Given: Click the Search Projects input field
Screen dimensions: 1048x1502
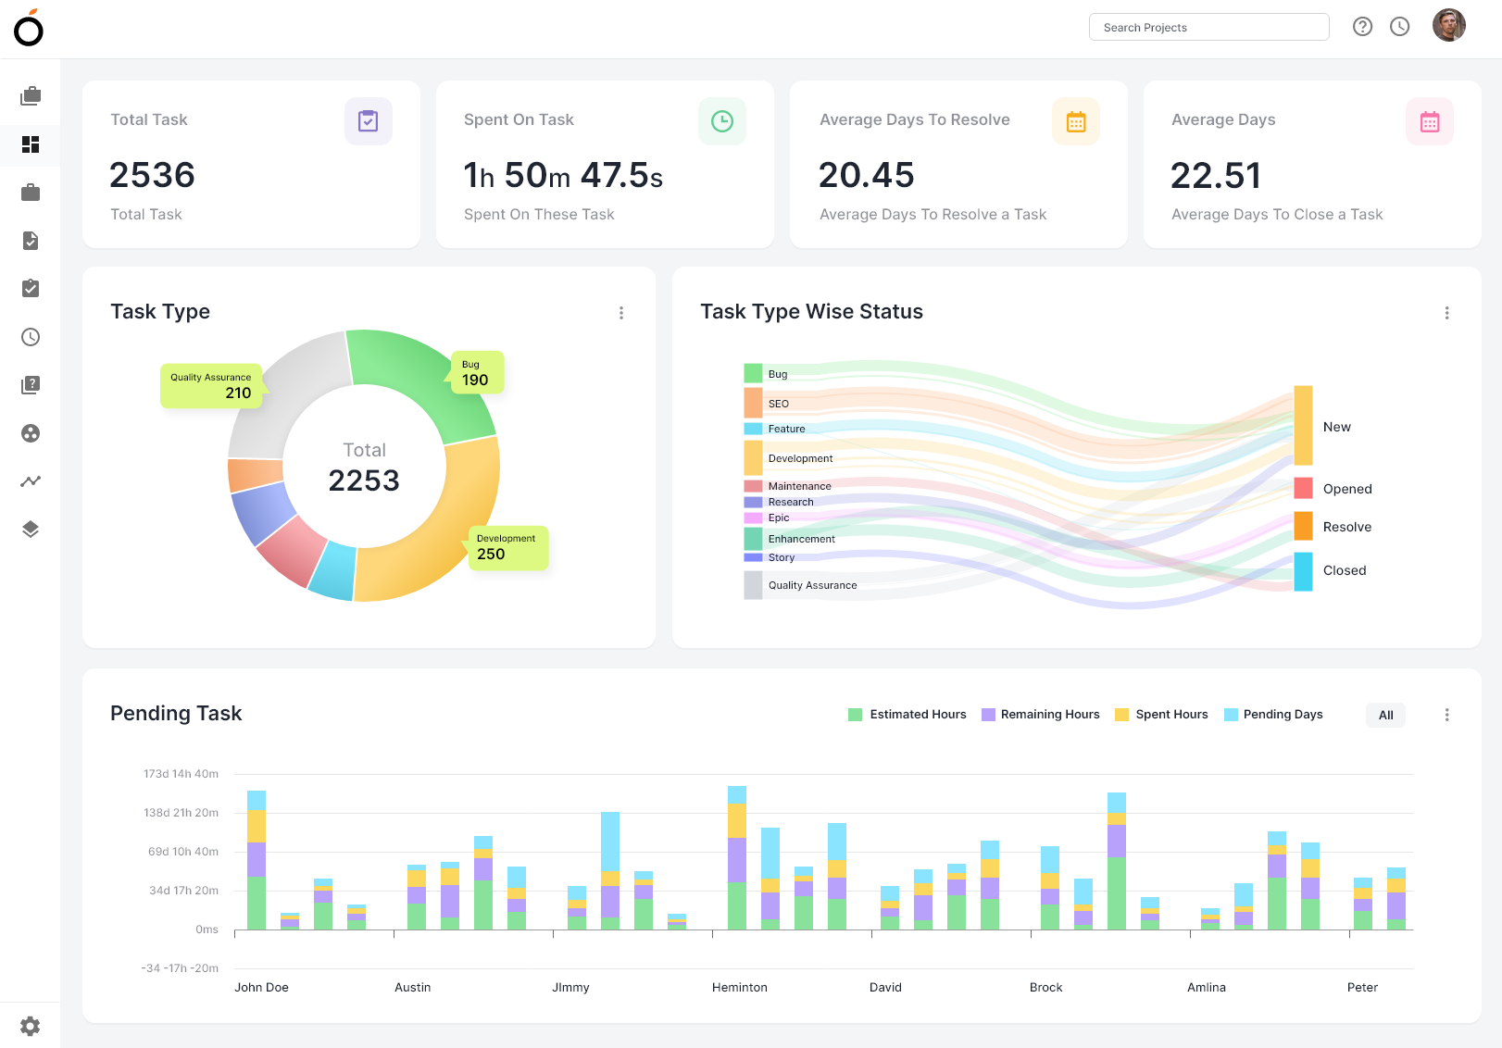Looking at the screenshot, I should (x=1208, y=27).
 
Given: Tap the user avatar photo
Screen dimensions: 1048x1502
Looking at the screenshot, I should (x=1448, y=26).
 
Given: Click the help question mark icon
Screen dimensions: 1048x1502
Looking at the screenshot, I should (x=1362, y=27).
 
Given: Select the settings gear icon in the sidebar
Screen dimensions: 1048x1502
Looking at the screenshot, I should (x=30, y=1026).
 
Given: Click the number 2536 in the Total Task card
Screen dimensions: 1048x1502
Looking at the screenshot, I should (x=153, y=175).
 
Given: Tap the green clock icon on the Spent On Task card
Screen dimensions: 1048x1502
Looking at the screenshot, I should (x=721, y=121).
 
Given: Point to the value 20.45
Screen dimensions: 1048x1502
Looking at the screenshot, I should (x=867, y=175).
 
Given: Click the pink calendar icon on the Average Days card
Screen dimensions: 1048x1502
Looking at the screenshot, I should (x=1429, y=121).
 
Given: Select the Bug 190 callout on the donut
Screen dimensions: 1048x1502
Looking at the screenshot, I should (x=477, y=373).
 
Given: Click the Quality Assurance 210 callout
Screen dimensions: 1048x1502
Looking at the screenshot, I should (x=212, y=385).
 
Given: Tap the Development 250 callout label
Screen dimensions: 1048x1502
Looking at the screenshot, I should (x=507, y=547).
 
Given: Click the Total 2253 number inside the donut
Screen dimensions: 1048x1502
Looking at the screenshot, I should (x=364, y=480).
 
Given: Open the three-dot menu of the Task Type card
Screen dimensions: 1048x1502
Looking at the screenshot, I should (x=621, y=313).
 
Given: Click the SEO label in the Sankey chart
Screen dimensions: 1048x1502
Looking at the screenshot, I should (x=779, y=404).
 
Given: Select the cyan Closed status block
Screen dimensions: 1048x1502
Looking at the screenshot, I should (x=1303, y=571).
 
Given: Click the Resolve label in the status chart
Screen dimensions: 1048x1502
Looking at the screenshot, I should (x=1346, y=527).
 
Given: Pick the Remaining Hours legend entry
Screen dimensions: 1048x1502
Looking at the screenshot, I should (x=1041, y=715).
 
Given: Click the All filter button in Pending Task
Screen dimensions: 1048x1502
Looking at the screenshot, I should (x=1385, y=715).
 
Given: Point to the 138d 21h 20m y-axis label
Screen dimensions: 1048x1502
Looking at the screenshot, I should (x=181, y=813).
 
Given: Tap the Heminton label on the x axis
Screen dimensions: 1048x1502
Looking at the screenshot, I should (x=739, y=987).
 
